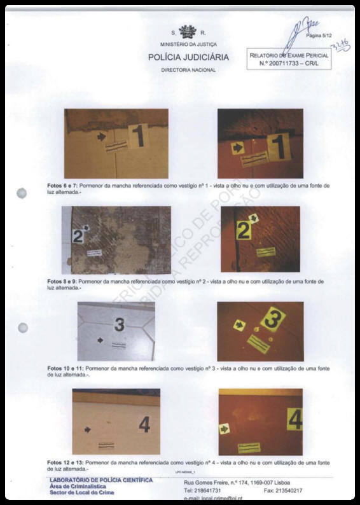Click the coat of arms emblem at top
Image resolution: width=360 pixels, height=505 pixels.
187,32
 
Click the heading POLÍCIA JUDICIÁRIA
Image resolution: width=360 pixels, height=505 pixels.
188,57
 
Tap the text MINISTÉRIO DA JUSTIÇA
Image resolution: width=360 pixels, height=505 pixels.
188,44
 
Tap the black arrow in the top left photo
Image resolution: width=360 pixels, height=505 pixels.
100,136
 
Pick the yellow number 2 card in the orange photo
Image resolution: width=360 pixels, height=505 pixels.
244,230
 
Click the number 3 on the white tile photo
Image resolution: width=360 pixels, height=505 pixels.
119,325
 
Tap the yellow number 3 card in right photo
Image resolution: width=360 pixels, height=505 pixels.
272,318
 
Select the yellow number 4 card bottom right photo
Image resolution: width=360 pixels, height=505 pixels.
294,420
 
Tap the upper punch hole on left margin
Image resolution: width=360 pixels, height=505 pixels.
22,193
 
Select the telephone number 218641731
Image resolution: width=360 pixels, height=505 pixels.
202,490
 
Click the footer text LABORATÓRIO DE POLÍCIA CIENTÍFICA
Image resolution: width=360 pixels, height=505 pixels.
100,480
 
